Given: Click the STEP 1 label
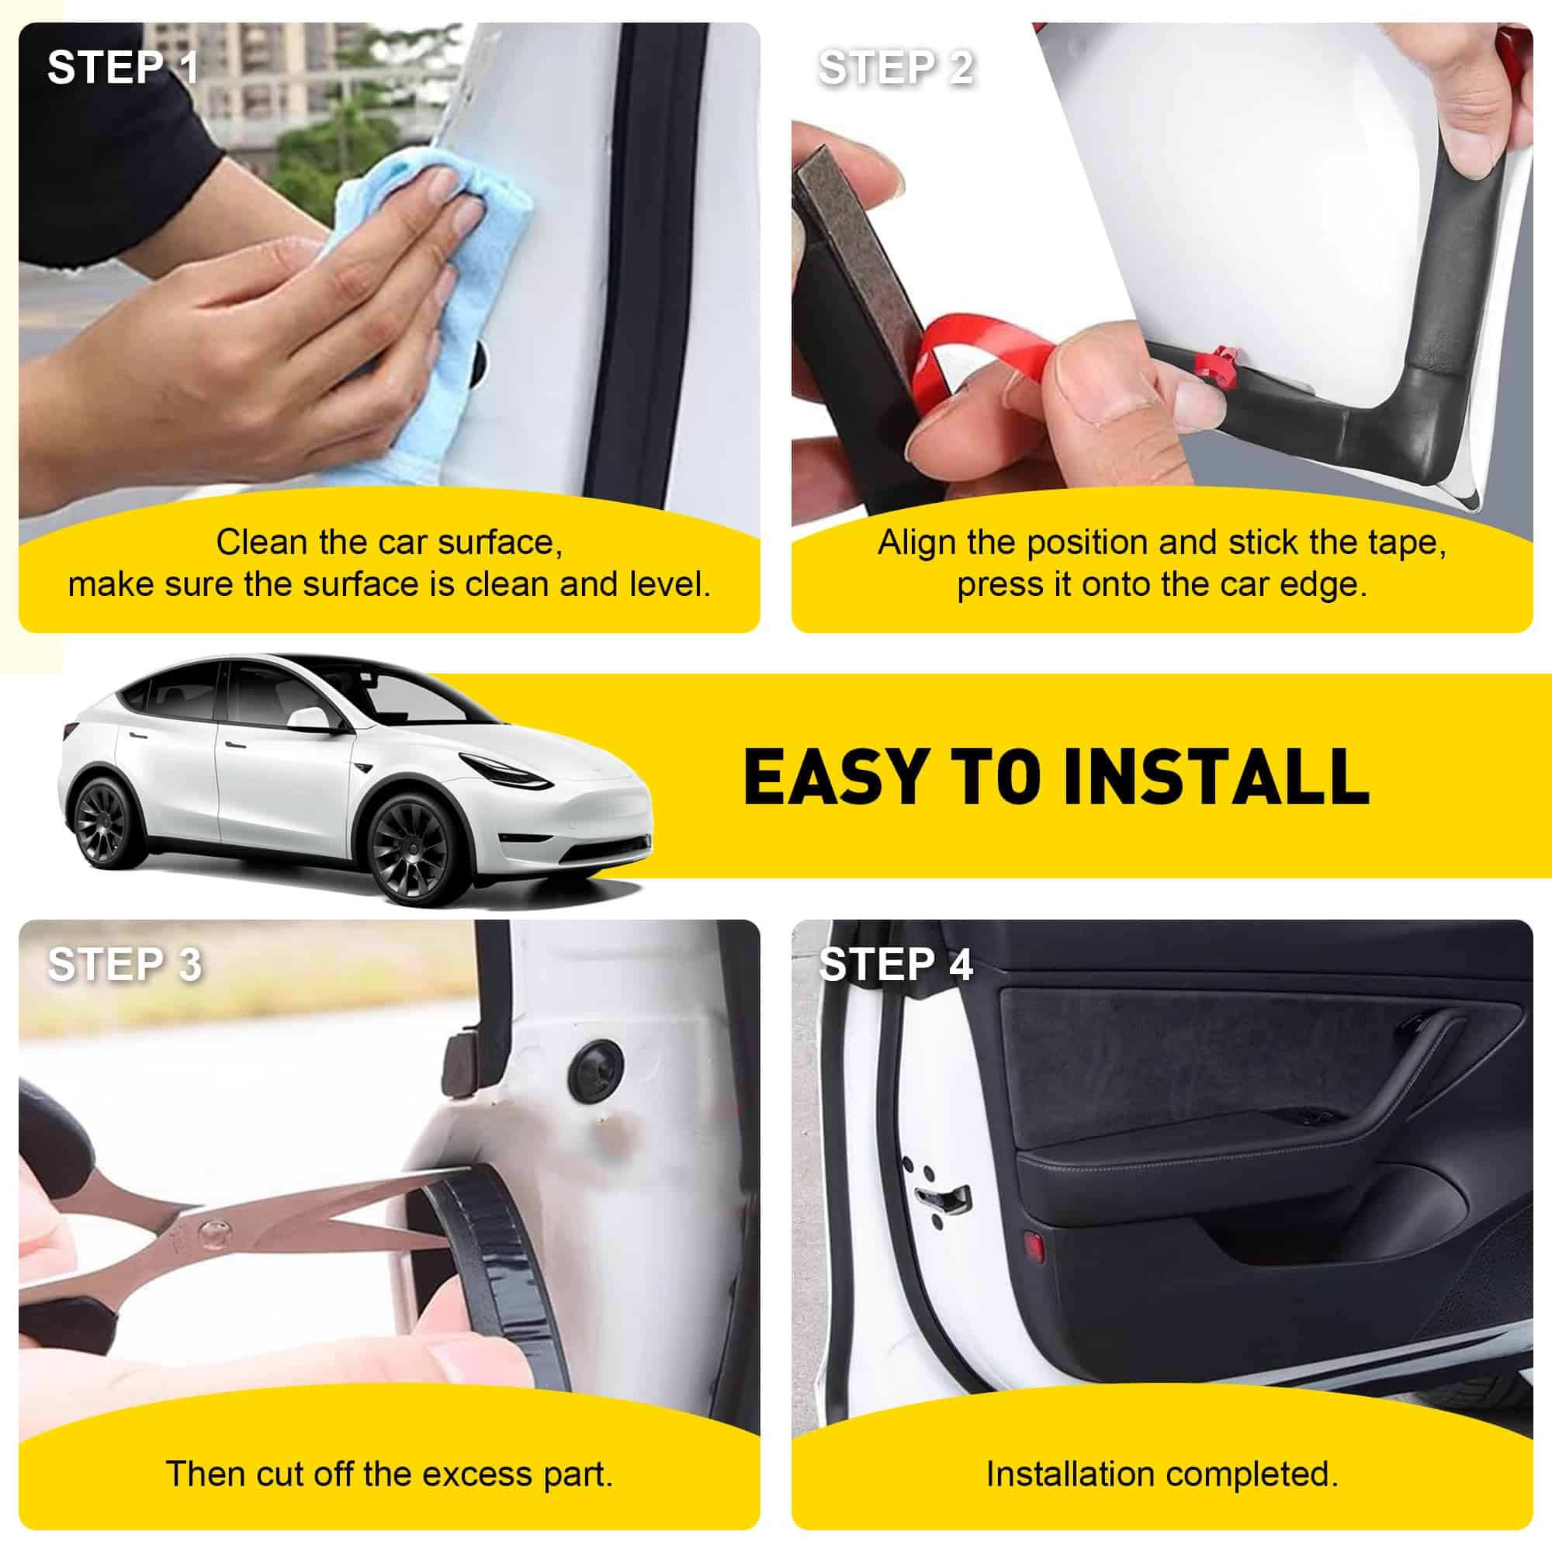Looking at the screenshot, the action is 123,68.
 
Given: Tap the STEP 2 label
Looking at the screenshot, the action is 896,68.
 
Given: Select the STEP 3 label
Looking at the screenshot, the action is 124,964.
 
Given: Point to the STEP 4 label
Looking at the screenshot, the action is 896,964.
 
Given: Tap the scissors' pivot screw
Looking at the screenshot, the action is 211,1230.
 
